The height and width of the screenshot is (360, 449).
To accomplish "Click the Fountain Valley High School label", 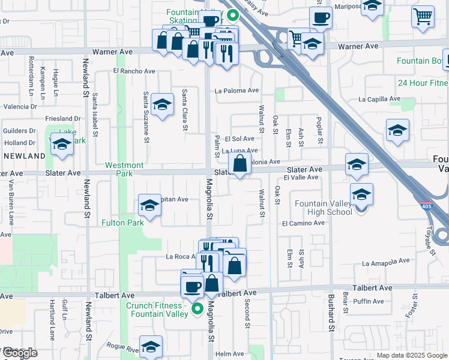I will (324, 208).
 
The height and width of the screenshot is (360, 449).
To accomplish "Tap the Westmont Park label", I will (124, 169).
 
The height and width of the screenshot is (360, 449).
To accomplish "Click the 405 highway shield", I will (425, 205).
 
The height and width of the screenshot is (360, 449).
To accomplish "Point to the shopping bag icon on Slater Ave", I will (240, 163).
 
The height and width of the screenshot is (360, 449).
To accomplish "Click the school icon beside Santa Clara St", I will (162, 106).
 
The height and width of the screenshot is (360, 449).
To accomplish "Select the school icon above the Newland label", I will (62, 144).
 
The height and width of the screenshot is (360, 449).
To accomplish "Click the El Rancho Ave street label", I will (134, 71).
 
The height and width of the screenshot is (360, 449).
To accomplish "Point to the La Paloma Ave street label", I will (237, 91).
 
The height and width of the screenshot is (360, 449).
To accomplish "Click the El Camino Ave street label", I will (303, 223).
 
